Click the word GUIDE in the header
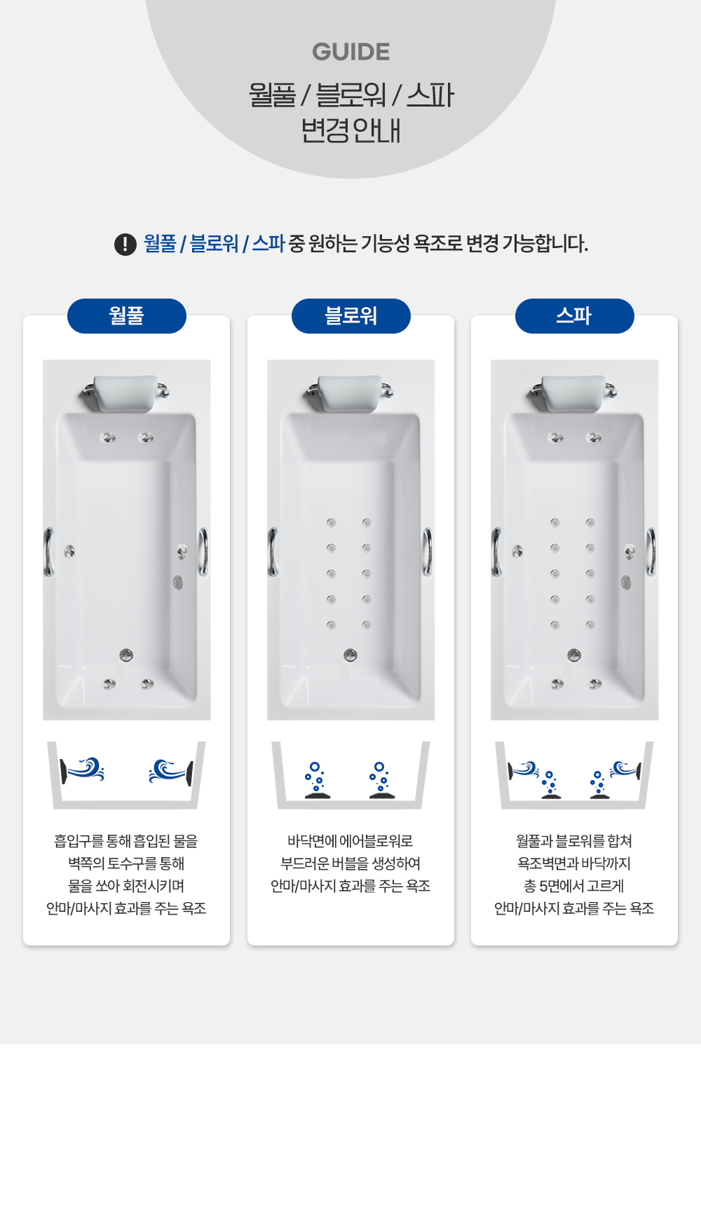click(x=350, y=52)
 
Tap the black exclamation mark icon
click(x=125, y=244)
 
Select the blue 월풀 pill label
click(x=127, y=316)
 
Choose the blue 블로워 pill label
click(x=351, y=316)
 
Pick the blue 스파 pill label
click(x=575, y=316)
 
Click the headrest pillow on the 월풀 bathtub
click(x=126, y=392)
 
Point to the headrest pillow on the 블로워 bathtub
click(x=350, y=392)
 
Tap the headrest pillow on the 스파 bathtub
click(x=574, y=392)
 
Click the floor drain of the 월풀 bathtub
click(x=126, y=655)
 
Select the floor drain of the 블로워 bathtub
click(x=350, y=655)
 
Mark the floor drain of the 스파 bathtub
click(x=574, y=655)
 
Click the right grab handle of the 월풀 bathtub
click(x=204, y=552)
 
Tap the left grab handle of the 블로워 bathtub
click(x=273, y=552)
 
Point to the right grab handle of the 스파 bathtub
click(x=652, y=552)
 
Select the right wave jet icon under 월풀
click(x=171, y=772)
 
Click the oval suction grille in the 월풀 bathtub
click(x=178, y=582)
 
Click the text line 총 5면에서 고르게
click(x=574, y=886)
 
